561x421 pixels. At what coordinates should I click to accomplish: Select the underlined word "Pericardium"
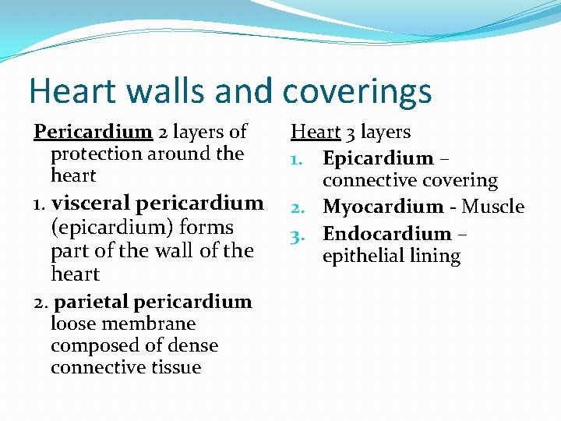click(x=93, y=132)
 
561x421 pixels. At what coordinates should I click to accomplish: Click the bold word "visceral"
click(x=92, y=203)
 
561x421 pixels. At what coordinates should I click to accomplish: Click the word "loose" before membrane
click(x=72, y=324)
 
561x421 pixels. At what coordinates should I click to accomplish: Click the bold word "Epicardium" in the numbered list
click(x=378, y=158)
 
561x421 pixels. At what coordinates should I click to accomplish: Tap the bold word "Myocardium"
click(x=383, y=207)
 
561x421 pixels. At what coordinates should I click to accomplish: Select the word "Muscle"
click(x=493, y=207)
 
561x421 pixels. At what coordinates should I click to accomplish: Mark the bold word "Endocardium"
click(x=386, y=234)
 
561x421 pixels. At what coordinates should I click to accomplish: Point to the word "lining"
click(x=436, y=256)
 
